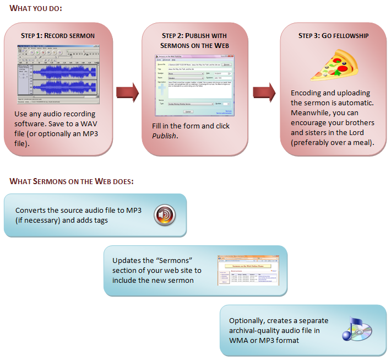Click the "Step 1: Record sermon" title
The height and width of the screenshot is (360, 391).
[58, 36]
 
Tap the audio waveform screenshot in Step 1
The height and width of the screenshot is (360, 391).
[58, 76]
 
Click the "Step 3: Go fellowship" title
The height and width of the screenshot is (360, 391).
[333, 36]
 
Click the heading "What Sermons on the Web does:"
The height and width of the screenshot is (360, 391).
[72, 181]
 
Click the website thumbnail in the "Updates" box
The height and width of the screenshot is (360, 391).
[248, 270]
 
